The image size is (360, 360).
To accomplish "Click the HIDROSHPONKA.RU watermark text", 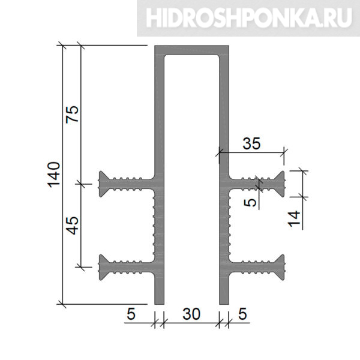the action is coord(249,17).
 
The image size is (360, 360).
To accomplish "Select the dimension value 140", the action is coord(54,175).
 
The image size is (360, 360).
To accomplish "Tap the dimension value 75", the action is coord(72,115).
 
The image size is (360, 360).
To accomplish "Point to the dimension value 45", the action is coord(73,226).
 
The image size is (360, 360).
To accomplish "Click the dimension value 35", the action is coord(251,143).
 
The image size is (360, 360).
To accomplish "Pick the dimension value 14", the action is coord(294,219).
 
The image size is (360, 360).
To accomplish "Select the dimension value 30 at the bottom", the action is coord(191,314).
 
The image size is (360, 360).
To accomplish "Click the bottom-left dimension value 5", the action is coord(131,314).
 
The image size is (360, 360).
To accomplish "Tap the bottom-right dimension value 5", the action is coord(242,314).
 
